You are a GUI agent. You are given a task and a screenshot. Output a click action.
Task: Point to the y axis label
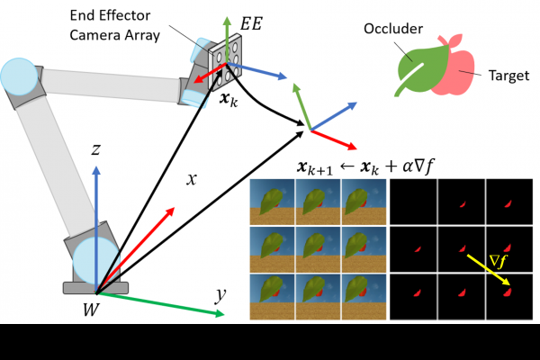219,294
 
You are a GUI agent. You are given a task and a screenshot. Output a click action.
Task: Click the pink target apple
459,72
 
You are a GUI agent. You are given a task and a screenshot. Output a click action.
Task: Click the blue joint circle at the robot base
92,258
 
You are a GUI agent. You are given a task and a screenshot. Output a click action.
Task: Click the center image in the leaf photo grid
319,248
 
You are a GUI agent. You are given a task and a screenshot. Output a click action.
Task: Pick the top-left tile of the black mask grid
413,200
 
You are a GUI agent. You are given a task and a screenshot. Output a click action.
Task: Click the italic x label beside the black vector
191,179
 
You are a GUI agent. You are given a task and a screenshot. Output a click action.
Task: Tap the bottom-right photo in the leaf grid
364,298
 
